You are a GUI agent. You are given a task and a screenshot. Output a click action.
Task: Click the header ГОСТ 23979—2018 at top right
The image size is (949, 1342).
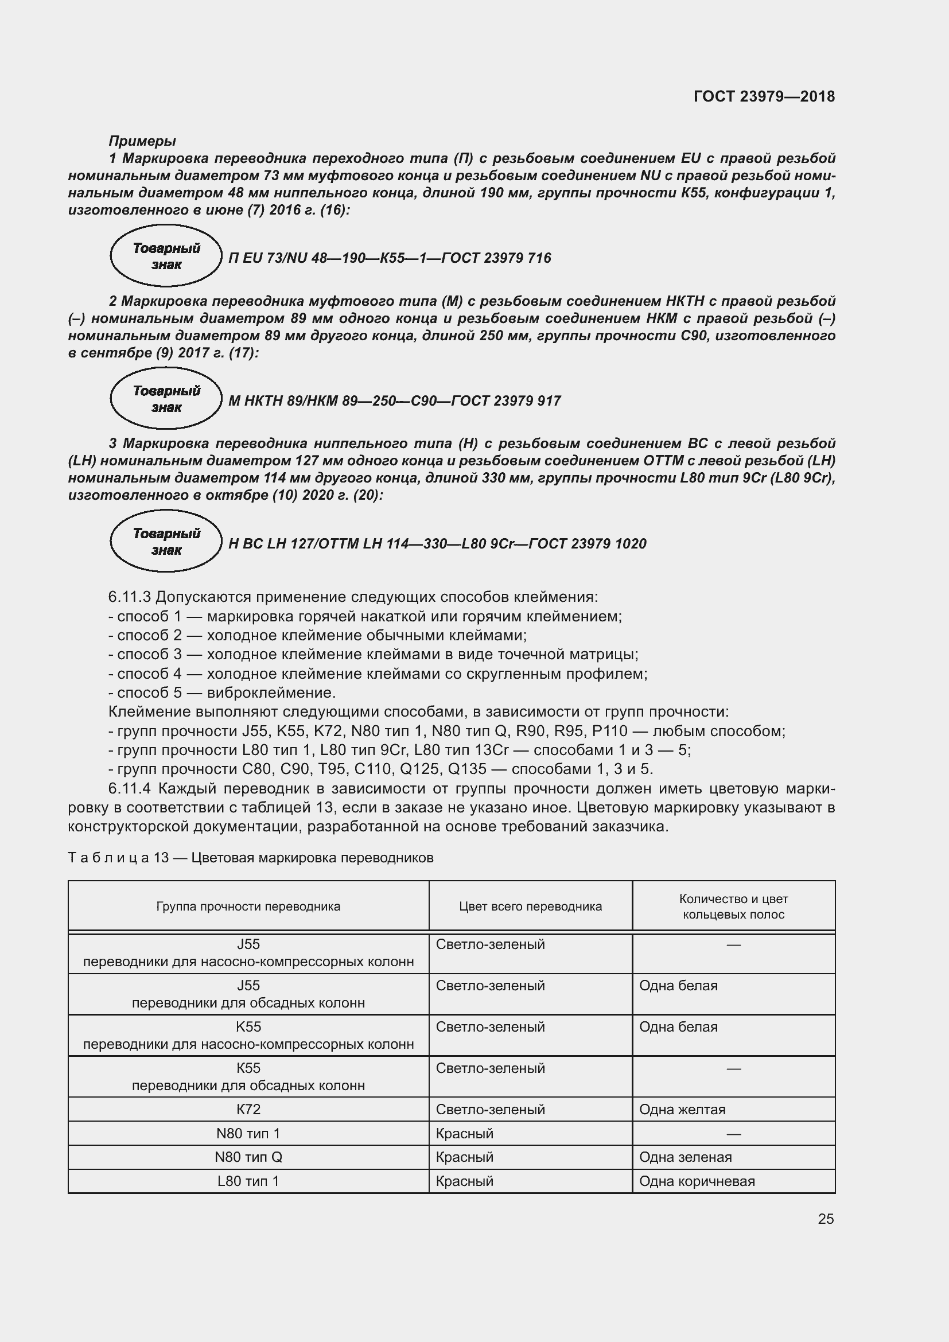click(764, 96)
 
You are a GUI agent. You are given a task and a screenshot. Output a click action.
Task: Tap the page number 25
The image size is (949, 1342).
click(826, 1219)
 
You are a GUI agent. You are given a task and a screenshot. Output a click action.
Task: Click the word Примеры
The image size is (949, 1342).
click(142, 141)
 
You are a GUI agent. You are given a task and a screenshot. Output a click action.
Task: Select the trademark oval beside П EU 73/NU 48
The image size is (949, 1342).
click(166, 256)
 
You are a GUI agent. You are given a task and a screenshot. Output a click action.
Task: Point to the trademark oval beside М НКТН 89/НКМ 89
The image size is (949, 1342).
click(166, 399)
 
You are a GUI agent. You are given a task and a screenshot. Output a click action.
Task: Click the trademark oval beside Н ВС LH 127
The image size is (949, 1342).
click(166, 542)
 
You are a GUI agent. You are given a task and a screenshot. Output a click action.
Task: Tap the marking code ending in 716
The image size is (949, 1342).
click(389, 258)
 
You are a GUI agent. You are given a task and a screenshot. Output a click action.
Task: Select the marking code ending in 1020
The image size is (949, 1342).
click(437, 543)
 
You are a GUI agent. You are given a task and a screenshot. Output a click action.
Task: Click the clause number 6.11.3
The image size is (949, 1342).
click(129, 597)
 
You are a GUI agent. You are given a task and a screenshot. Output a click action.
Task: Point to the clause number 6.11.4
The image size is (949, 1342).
click(129, 788)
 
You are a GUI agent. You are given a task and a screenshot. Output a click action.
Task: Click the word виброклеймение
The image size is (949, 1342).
click(271, 693)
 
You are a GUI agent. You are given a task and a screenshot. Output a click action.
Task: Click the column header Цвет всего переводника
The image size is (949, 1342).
click(530, 907)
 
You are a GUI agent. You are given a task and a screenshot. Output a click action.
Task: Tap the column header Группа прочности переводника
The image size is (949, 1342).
click(248, 907)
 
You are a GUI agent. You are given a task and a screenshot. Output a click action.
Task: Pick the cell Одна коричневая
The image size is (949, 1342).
click(697, 1181)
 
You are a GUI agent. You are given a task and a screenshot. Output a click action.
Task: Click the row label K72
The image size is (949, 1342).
click(248, 1110)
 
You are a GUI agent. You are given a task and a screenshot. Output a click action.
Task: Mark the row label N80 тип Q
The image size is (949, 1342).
click(248, 1157)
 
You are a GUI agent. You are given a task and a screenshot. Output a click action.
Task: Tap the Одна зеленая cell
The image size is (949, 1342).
click(685, 1157)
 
